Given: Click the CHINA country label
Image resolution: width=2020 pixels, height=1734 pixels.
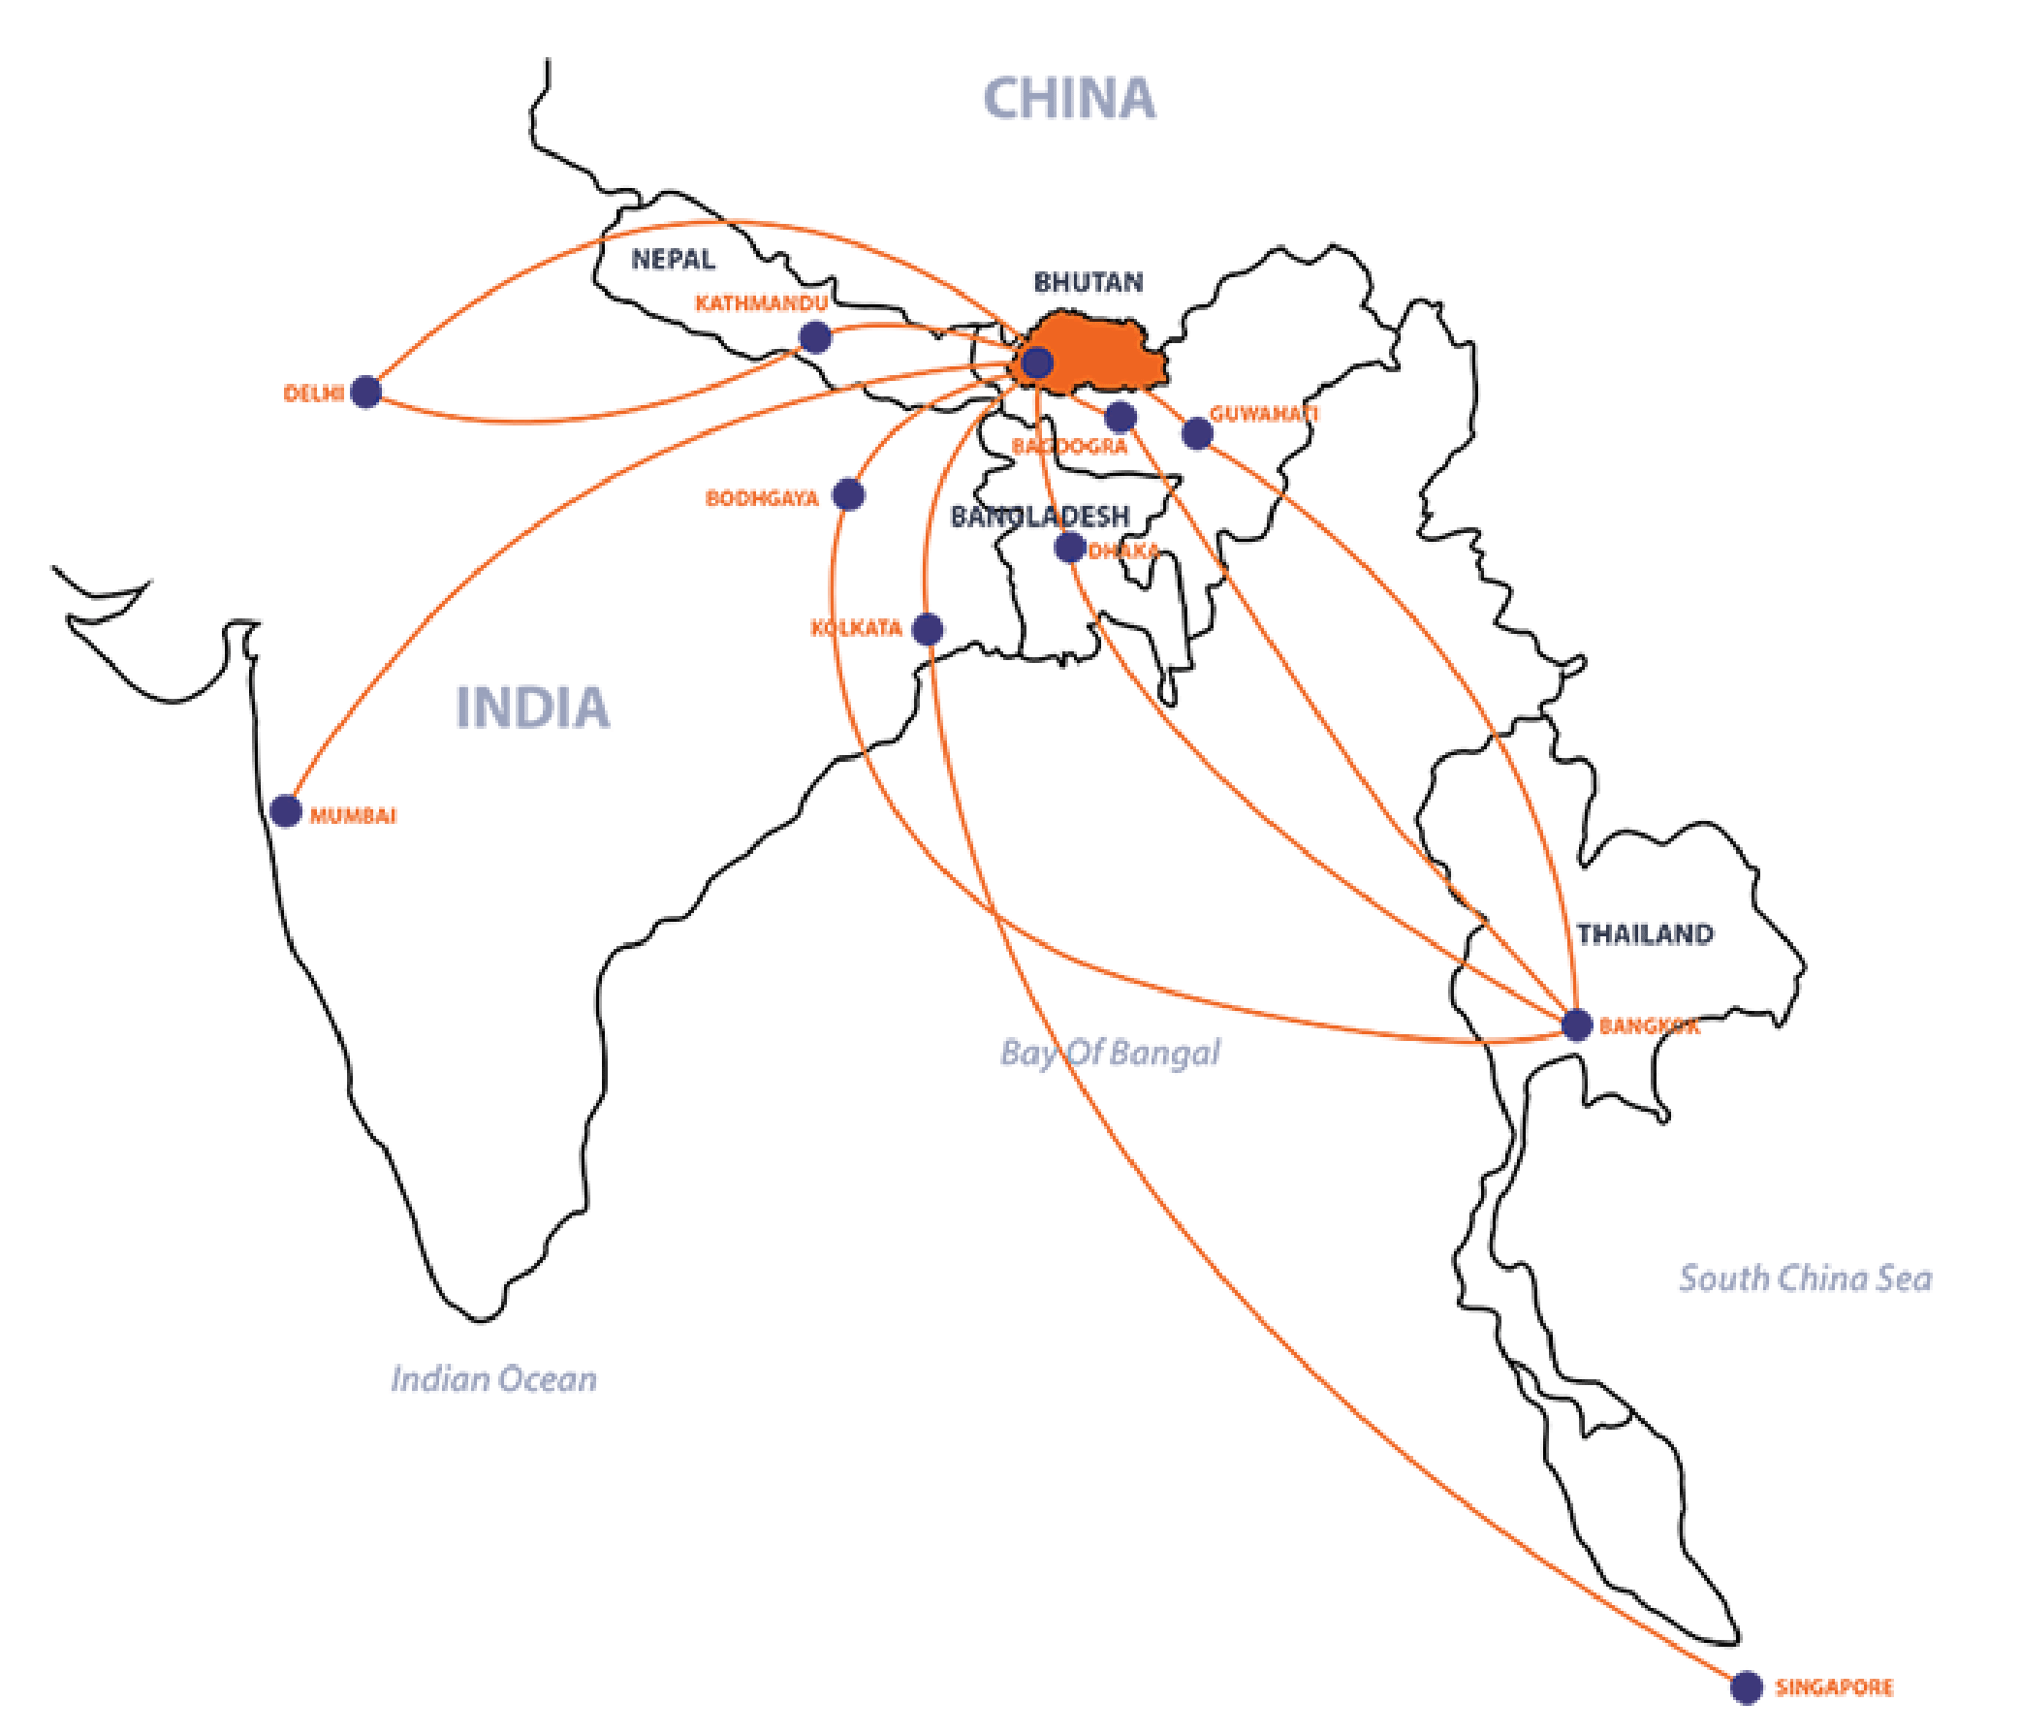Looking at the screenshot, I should click(1068, 99).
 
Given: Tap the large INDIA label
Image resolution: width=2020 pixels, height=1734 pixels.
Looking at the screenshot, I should click(532, 707).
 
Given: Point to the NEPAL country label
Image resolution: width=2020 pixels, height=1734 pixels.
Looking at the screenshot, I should click(674, 261).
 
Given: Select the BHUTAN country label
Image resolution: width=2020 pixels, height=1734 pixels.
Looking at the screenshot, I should click(1087, 283).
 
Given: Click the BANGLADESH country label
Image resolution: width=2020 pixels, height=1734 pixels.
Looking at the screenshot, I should click(1039, 516).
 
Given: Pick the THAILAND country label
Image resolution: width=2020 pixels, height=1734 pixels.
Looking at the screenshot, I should click(1645, 933).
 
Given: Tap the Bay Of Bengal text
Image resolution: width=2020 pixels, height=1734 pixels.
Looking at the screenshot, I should click(1110, 1053).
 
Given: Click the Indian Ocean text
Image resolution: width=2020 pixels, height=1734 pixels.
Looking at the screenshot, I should click(493, 1379).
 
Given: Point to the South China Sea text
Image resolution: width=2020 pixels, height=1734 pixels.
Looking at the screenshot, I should click(1804, 1277).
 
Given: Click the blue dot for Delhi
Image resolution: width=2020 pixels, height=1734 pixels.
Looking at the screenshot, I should click(365, 392).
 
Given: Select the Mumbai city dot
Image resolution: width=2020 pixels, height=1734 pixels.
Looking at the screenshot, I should click(286, 811).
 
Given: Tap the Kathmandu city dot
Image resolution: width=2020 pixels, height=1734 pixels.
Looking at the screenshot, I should click(815, 337).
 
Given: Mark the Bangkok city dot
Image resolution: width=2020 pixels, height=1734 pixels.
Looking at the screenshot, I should click(1576, 1025).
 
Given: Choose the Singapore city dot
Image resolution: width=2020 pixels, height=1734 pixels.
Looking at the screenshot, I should click(1746, 1687).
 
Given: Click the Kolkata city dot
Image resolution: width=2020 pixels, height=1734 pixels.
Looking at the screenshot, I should click(928, 629).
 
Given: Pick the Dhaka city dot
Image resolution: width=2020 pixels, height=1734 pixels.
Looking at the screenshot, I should click(1069, 547).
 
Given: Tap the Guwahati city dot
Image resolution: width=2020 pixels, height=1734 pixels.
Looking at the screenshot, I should click(1196, 432).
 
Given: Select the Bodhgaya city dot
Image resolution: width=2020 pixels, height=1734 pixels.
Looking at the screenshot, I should click(848, 494).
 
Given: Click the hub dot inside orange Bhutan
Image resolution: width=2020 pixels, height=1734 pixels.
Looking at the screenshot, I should click(1036, 363).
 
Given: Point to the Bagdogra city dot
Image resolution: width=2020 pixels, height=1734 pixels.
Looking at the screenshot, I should click(1120, 417).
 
